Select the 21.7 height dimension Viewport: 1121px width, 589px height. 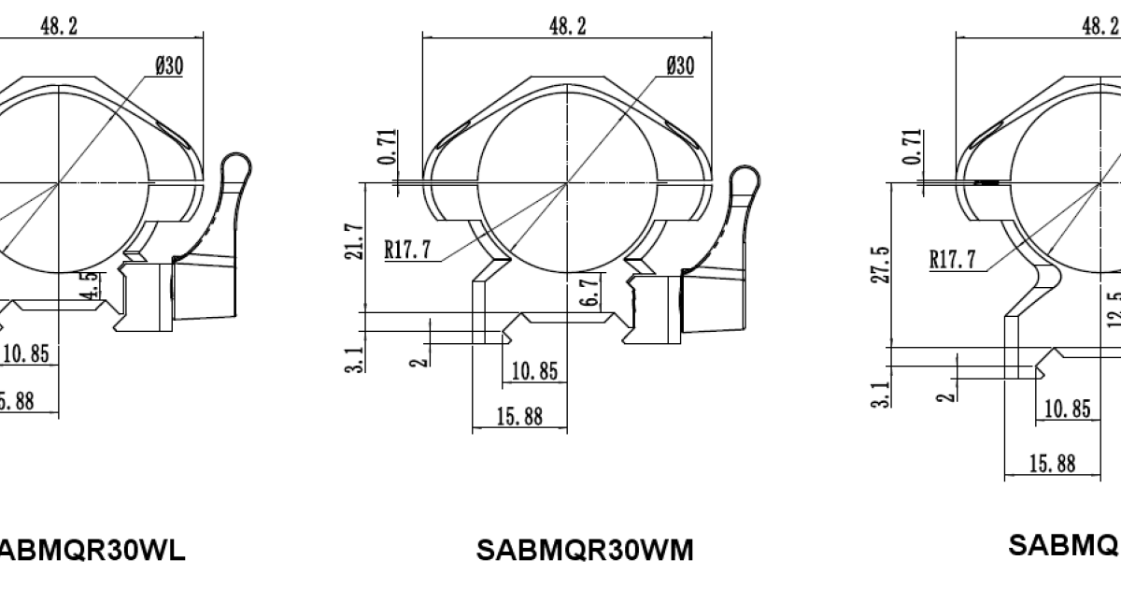(x=351, y=241)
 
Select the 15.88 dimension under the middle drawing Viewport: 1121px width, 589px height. (x=519, y=417)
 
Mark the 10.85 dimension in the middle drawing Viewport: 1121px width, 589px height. (x=534, y=372)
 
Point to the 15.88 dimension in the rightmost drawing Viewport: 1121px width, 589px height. (x=1052, y=463)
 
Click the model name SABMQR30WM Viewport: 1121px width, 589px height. (x=585, y=550)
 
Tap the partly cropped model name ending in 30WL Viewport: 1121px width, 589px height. (x=91, y=550)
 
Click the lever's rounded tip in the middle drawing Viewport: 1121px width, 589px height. (x=744, y=179)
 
